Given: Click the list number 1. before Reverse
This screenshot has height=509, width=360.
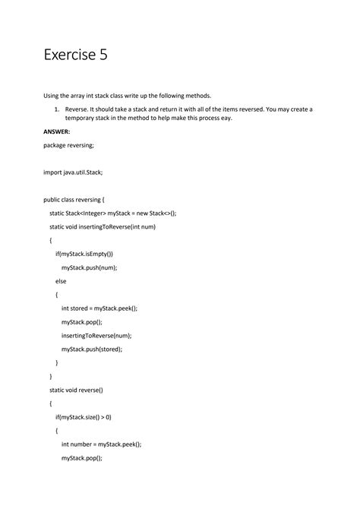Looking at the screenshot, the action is point(57,109).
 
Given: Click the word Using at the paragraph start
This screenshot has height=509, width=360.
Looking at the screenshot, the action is point(52,96).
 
